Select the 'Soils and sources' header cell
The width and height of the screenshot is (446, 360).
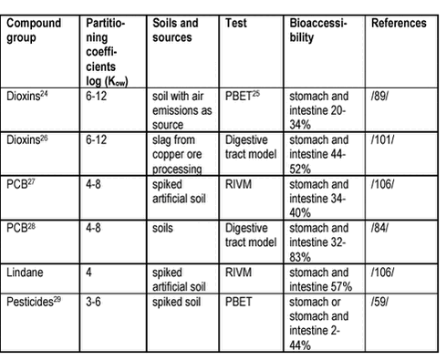click(x=178, y=28)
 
